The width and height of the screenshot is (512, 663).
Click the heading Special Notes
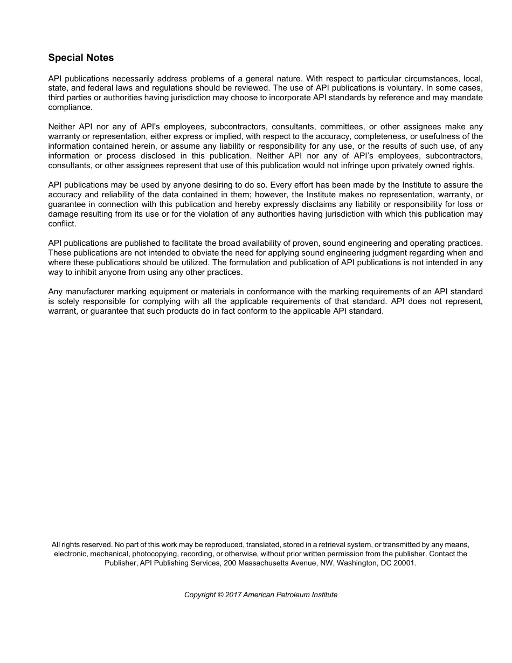coord(81,58)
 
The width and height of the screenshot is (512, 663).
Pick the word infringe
coord(354,165)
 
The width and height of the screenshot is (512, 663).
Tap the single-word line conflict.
coord(63,224)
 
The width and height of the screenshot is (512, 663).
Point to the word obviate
coord(212,253)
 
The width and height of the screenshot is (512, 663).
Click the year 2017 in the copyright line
coord(233,595)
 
